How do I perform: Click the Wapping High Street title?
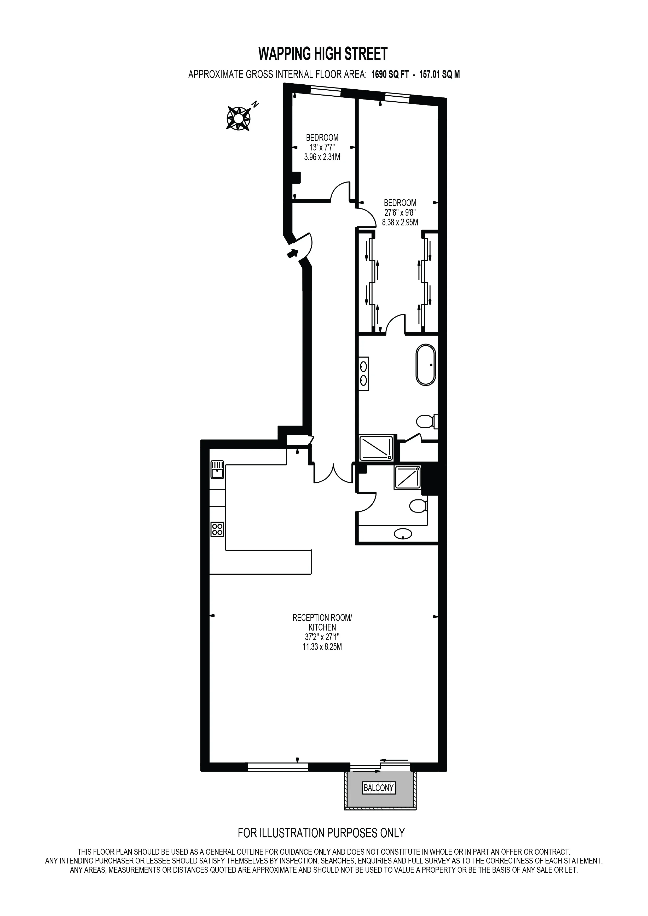[323, 54]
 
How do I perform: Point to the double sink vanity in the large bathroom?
[364, 373]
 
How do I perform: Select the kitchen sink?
[217, 470]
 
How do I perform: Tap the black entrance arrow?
[292, 253]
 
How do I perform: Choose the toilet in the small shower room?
[419, 506]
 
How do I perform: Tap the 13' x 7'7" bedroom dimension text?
[322, 147]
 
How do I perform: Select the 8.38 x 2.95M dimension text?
[400, 223]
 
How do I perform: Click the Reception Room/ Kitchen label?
[322, 622]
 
